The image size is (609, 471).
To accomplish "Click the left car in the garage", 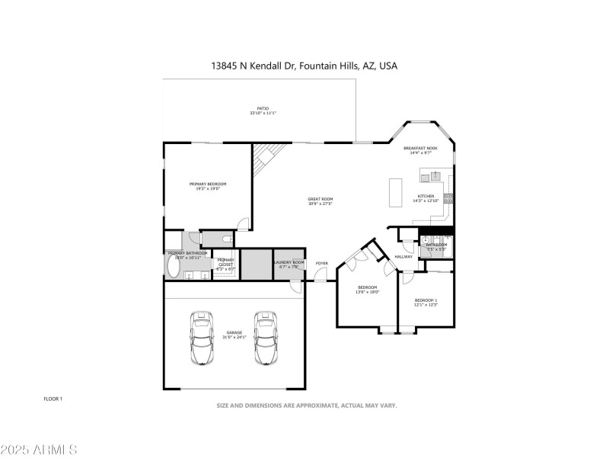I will (202, 338).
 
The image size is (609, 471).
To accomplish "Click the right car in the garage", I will (265, 338).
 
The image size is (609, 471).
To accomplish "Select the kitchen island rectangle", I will (395, 192).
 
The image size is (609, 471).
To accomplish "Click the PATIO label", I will (263, 109).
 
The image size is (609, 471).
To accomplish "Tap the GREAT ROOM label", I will (320, 199).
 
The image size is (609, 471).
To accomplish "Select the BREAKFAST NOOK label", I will (420, 148).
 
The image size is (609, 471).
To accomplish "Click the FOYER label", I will (322, 264).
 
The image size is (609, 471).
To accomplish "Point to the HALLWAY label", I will (403, 257).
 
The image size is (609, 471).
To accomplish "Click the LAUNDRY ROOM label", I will (289, 262).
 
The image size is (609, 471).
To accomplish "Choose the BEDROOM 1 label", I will (426, 300).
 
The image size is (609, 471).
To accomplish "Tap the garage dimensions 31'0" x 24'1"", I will (235, 337).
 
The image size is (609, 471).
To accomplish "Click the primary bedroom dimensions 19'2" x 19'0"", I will (208, 188).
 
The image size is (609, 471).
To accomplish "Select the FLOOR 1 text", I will (53, 399).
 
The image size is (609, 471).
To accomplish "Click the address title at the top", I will (304, 66).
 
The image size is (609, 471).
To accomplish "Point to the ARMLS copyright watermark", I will (39, 450).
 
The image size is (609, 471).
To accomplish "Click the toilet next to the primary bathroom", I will (225, 239).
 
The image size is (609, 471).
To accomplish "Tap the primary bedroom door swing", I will (244, 223).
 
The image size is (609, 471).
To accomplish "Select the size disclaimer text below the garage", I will (307, 405).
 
